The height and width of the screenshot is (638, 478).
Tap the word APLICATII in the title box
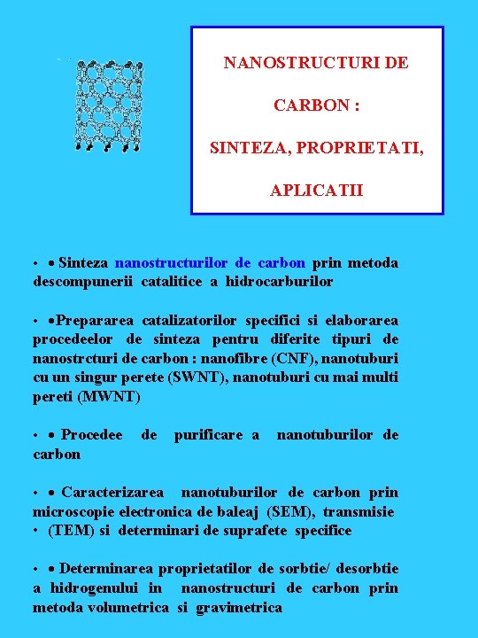point(317,191)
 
